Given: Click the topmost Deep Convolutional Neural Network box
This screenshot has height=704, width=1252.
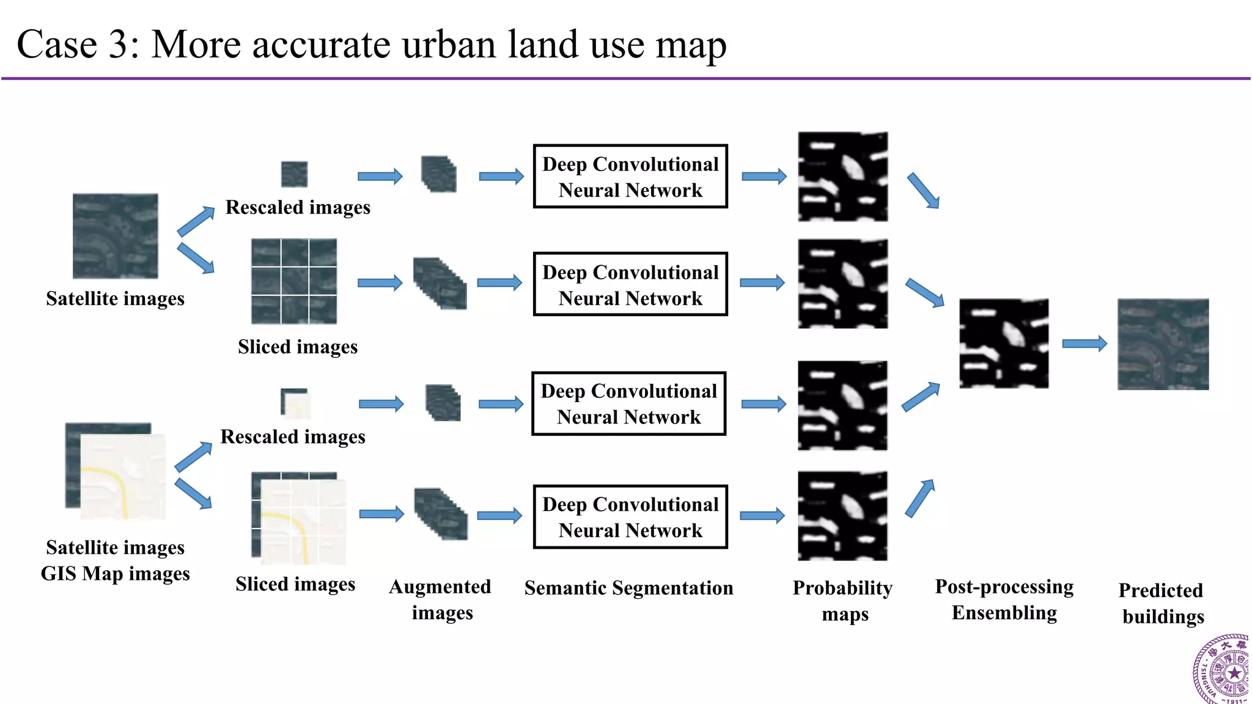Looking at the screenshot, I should pos(630,177).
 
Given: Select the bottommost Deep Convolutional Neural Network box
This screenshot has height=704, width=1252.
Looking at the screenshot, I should pos(630,517).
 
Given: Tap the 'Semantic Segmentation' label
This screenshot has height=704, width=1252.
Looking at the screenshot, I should pos(628,588).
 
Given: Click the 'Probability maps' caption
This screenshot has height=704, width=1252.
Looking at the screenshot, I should pos(843,600).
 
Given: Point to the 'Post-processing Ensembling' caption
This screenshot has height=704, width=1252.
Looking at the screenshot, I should pos(1004,599).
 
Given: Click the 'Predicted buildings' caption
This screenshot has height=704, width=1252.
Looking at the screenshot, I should pos(1162,603).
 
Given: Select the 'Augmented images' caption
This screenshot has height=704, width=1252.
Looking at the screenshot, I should pos(441,599).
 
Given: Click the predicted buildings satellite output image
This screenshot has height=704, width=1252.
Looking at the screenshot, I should pos(1163,344).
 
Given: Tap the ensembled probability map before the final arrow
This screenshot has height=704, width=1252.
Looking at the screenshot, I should pos(1004,343).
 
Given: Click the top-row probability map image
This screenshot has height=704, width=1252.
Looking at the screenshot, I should pos(842,177).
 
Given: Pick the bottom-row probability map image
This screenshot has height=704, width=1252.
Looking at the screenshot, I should pos(842,516).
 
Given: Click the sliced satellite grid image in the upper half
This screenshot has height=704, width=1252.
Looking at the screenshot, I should pos(294,281).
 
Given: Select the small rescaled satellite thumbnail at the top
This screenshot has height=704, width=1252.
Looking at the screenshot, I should pos(294,174).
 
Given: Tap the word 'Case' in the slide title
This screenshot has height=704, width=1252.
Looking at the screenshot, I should pos(57,45).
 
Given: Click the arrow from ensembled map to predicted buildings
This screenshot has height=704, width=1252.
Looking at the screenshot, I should pos(1084,343).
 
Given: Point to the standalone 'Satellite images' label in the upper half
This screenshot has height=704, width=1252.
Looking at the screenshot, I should pos(115,298).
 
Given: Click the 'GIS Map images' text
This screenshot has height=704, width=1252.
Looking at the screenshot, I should pos(115,574).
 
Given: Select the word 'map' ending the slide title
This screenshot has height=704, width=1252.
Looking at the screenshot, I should pos(690,46).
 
